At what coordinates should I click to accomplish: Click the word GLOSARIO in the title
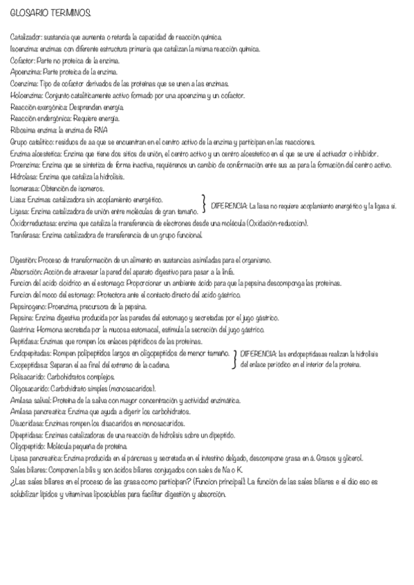(26, 13)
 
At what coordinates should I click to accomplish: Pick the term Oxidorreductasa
(33, 224)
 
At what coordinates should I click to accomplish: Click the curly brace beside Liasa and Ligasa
(204, 205)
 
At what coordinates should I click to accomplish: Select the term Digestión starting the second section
(24, 260)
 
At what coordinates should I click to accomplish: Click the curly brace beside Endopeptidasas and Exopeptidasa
(236, 358)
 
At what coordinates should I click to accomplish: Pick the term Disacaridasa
(28, 424)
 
